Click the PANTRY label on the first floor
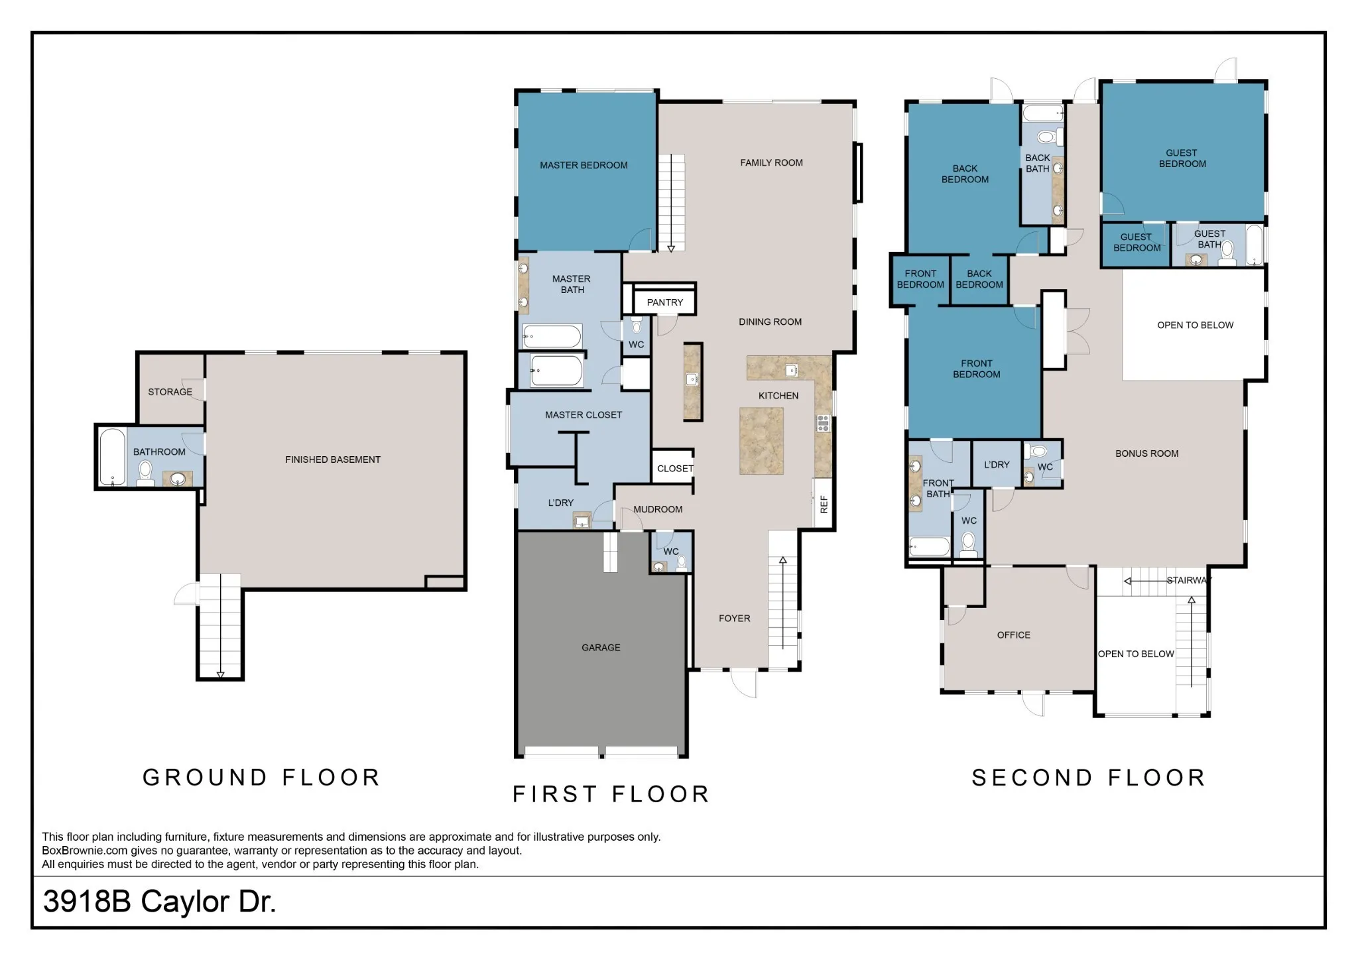(x=664, y=302)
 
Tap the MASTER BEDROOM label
(x=584, y=165)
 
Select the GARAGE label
(x=601, y=648)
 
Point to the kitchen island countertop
(x=761, y=441)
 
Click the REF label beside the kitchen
(x=824, y=505)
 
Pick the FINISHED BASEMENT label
(x=333, y=459)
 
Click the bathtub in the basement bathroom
(x=113, y=457)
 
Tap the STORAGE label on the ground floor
(x=170, y=392)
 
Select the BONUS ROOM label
(x=1146, y=453)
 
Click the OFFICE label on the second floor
(x=1013, y=635)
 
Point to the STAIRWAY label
(x=1189, y=580)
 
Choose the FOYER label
(x=734, y=619)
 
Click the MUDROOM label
(x=658, y=509)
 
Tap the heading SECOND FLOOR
(x=1088, y=778)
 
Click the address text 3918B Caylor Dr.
(x=159, y=902)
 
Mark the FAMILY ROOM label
(x=771, y=162)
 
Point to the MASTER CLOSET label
(x=584, y=415)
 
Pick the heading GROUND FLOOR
(x=261, y=777)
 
